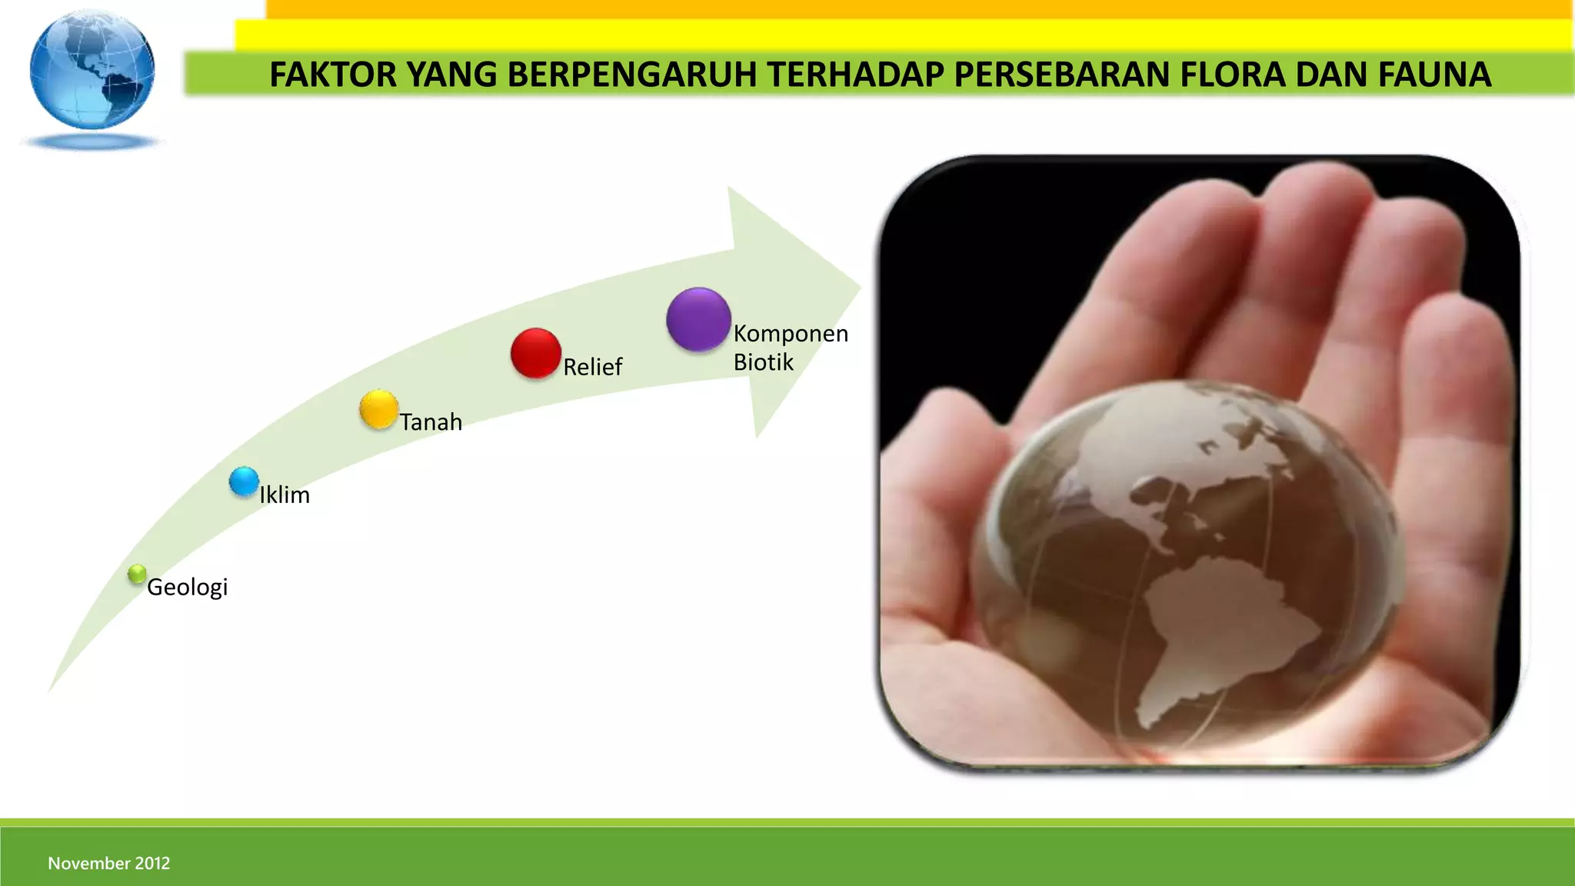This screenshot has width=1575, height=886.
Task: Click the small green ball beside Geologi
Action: pyautogui.click(x=137, y=574)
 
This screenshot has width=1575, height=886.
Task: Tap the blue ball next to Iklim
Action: pyautogui.click(x=244, y=481)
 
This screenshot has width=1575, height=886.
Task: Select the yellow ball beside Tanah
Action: pyautogui.click(x=378, y=409)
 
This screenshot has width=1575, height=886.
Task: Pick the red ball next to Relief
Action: pyautogui.click(x=535, y=353)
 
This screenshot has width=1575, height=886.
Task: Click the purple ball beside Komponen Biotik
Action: pyautogui.click(x=698, y=319)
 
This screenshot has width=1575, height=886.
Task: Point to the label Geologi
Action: pyautogui.click(x=187, y=588)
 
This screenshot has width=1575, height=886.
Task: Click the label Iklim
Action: pyautogui.click(x=285, y=495)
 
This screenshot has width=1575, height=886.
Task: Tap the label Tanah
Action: pyautogui.click(x=431, y=422)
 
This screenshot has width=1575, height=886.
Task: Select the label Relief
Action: pyautogui.click(x=592, y=367)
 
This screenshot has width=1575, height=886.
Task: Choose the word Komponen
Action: pyautogui.click(x=791, y=334)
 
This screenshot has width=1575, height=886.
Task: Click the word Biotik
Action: pyautogui.click(x=763, y=362)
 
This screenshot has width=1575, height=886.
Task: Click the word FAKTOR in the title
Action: pyautogui.click(x=332, y=75)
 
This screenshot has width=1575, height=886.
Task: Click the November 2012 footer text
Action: pyautogui.click(x=108, y=863)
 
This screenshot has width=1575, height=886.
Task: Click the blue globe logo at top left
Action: pyautogui.click(x=92, y=72)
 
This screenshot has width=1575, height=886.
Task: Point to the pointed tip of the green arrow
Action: pyautogui.click(x=859, y=289)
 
